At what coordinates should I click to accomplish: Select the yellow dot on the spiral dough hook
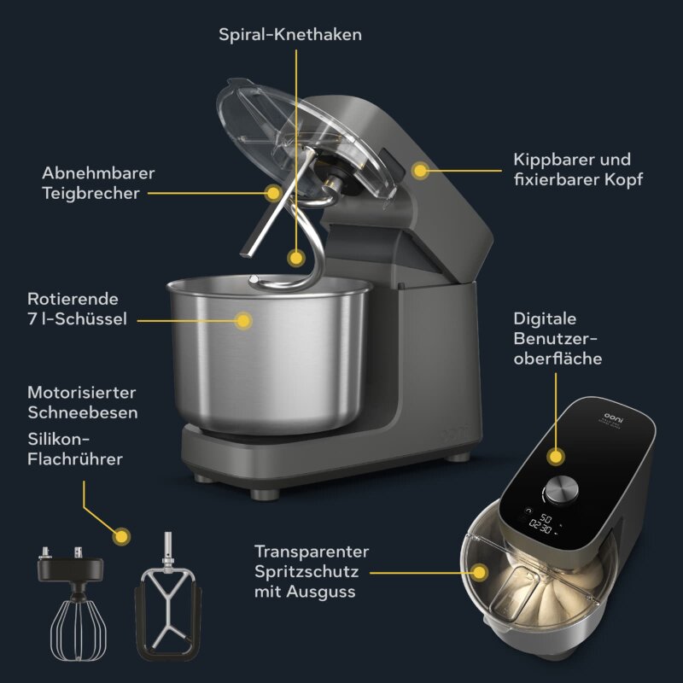[295, 256]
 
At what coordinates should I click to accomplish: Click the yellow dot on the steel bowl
[243, 320]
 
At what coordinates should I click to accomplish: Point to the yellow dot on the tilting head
[419, 170]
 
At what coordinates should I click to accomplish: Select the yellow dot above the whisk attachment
[121, 536]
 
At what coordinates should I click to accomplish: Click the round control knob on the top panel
[560, 490]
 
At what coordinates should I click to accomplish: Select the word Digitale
[546, 318]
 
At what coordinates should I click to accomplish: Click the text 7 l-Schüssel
[78, 319]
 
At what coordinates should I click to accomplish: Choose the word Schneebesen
[83, 412]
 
